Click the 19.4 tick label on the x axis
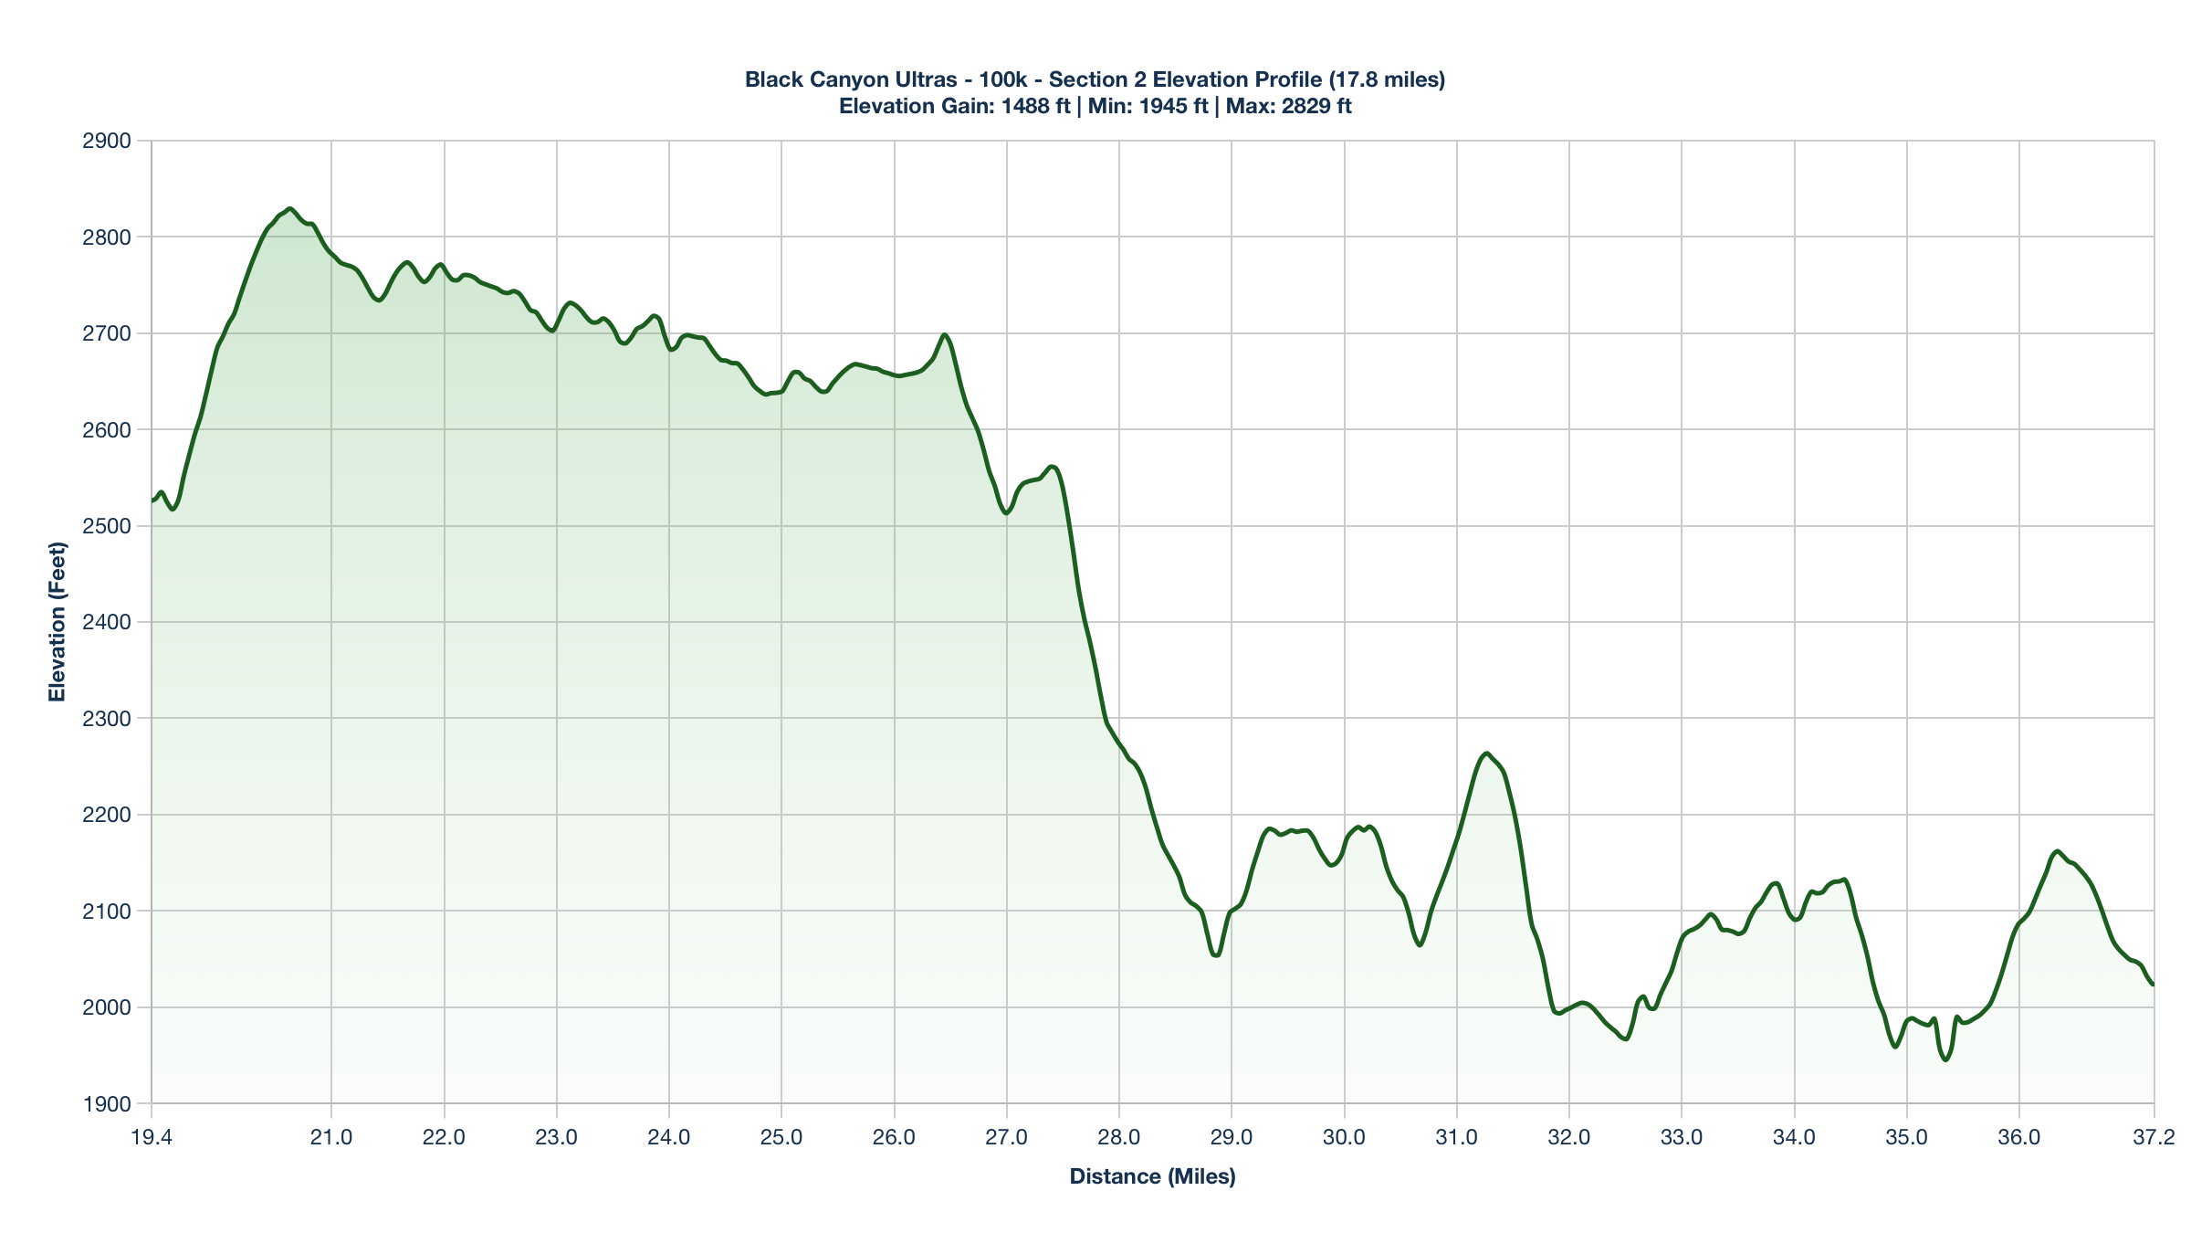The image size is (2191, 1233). [152, 1138]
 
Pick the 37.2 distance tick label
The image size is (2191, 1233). [2154, 1138]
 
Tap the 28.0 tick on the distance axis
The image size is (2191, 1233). [1119, 1138]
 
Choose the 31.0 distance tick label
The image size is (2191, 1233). [1457, 1138]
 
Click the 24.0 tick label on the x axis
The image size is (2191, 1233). [669, 1138]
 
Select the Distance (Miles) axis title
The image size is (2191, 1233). [1152, 1176]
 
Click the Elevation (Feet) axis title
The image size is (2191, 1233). [58, 622]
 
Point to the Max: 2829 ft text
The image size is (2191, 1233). [1288, 106]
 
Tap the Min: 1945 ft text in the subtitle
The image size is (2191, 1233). [1148, 106]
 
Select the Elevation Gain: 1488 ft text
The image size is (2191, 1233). [954, 106]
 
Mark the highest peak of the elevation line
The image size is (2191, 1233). [289, 209]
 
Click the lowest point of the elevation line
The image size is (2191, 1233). [1945, 1059]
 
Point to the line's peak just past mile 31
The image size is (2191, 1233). [1486, 753]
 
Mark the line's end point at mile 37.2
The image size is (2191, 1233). [2154, 985]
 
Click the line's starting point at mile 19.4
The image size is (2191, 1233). [152, 501]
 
